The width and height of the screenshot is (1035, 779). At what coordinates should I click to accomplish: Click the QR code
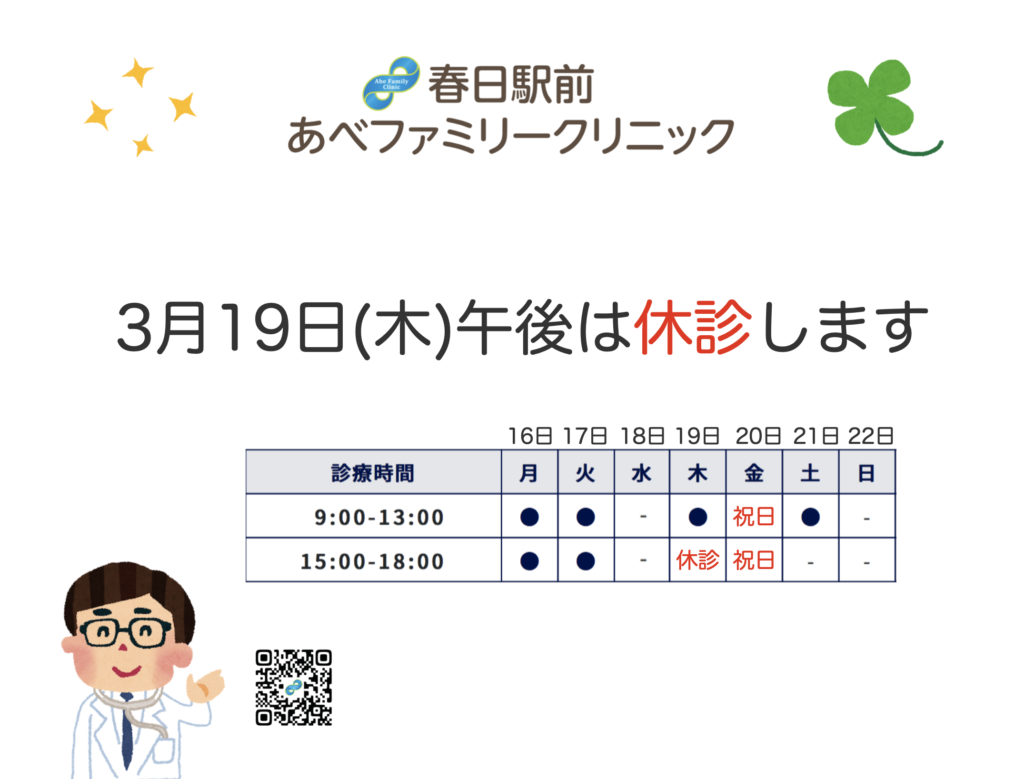pyautogui.click(x=294, y=688)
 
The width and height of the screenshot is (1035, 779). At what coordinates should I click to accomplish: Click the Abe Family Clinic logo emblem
pyautogui.click(x=391, y=83)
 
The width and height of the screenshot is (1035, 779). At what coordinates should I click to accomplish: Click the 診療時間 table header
pyautogui.click(x=373, y=473)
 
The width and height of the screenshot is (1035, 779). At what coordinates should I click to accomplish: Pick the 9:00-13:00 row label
pyautogui.click(x=379, y=518)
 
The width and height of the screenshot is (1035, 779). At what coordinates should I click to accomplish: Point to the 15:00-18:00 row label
pyautogui.click(x=372, y=561)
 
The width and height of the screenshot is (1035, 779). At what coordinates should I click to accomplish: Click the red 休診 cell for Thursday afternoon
pyautogui.click(x=697, y=560)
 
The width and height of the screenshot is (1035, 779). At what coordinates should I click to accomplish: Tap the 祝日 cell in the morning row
pyautogui.click(x=754, y=517)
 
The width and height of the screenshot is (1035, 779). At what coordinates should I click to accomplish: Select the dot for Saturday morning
pyautogui.click(x=810, y=517)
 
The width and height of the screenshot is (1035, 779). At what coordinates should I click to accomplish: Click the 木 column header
pyautogui.click(x=697, y=473)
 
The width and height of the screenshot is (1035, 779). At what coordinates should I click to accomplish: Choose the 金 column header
pyautogui.click(x=754, y=473)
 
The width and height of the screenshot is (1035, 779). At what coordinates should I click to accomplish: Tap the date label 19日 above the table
pyautogui.click(x=697, y=436)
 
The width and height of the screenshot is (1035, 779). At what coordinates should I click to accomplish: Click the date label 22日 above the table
pyautogui.click(x=871, y=436)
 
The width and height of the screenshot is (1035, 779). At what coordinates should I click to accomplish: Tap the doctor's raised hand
pyautogui.click(x=205, y=686)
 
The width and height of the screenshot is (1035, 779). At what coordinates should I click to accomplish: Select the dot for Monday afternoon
pyautogui.click(x=529, y=561)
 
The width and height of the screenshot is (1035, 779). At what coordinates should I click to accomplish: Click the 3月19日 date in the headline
pyautogui.click(x=230, y=328)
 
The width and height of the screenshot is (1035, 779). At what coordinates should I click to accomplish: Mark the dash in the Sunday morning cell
pyautogui.click(x=866, y=519)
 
